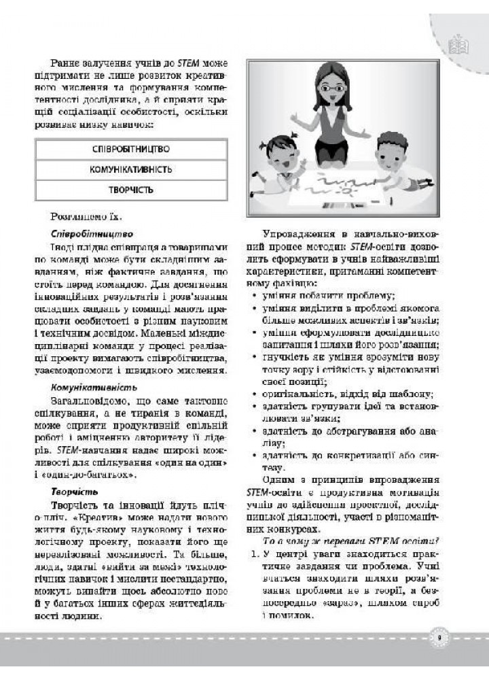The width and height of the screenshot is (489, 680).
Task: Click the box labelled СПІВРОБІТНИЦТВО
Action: pos(130,148)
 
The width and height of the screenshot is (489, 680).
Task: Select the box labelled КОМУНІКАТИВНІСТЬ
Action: pos(130,169)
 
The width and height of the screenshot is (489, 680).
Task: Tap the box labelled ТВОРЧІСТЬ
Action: pos(130,190)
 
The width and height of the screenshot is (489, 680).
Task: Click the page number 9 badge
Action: pos(440,637)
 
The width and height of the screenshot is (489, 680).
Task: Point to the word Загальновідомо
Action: pos(84,401)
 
